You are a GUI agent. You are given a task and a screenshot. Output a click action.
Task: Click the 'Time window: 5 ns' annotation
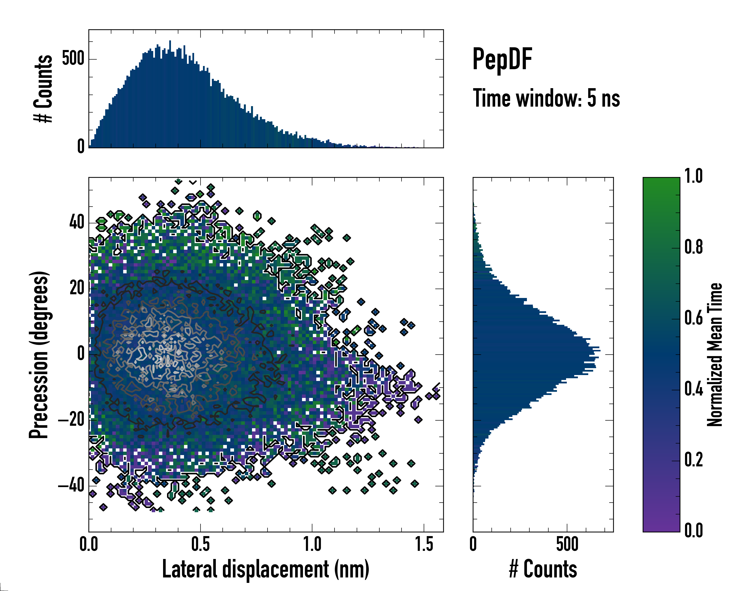(x=546, y=98)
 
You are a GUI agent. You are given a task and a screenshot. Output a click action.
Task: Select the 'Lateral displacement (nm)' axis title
(x=266, y=569)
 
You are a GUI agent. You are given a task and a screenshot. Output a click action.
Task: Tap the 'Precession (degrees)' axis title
(x=39, y=355)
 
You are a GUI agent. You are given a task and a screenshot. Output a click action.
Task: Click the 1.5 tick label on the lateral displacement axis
(x=424, y=544)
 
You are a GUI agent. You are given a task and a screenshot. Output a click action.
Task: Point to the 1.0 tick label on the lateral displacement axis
(x=312, y=544)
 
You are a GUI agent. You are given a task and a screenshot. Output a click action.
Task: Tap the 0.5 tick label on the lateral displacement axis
(x=201, y=544)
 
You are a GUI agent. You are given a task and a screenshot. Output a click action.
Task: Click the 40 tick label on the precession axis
(x=77, y=222)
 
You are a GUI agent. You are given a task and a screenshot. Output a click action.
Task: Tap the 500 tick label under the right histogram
(x=567, y=544)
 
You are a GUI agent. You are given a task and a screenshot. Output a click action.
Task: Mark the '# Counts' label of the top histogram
(x=43, y=89)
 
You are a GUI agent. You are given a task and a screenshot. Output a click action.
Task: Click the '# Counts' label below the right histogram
(x=543, y=569)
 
